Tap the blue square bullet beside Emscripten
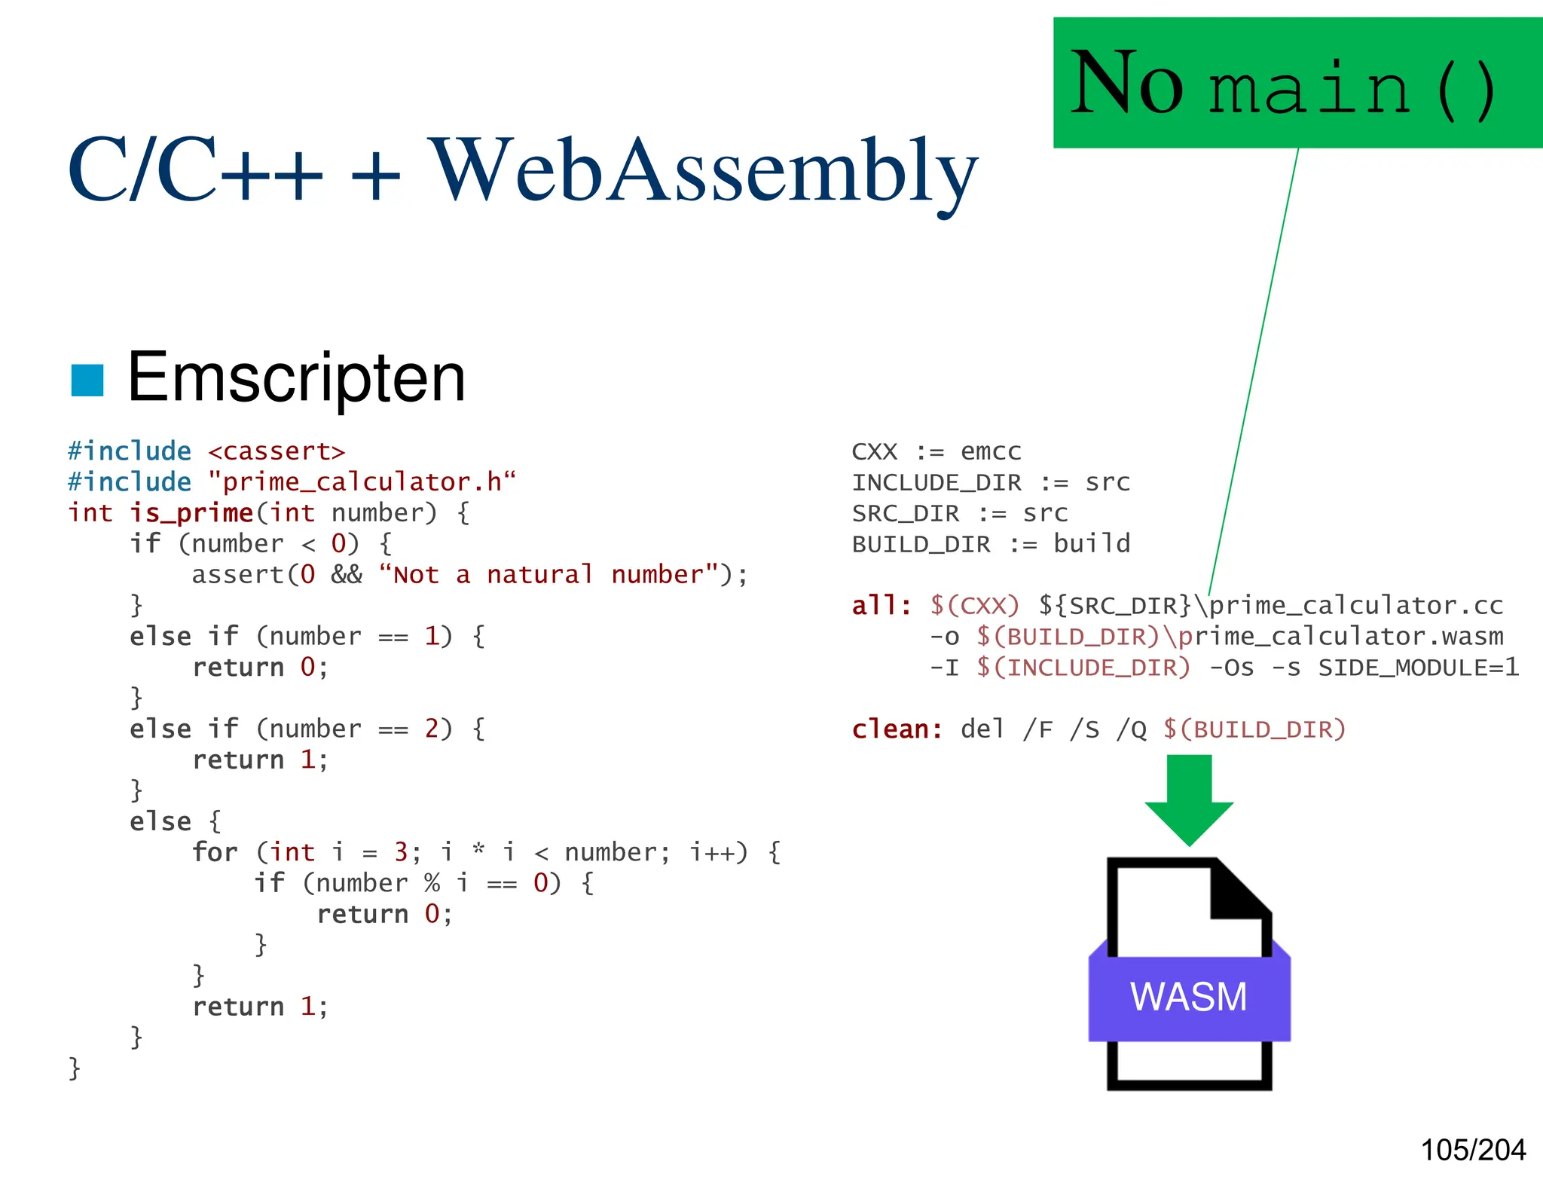[x=87, y=380]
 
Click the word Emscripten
[x=296, y=378]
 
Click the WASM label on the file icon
[x=1188, y=997]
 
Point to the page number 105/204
[x=1472, y=1150]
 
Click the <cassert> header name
[x=276, y=451]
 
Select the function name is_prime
[x=191, y=513]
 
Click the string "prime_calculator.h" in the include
[x=362, y=482]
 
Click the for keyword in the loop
[x=215, y=852]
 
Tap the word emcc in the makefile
[x=991, y=451]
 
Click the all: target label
[x=881, y=606]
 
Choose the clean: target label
[x=897, y=729]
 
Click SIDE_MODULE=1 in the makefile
[x=1418, y=668]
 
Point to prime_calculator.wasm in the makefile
[x=1340, y=637]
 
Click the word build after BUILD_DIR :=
[x=1092, y=544]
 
